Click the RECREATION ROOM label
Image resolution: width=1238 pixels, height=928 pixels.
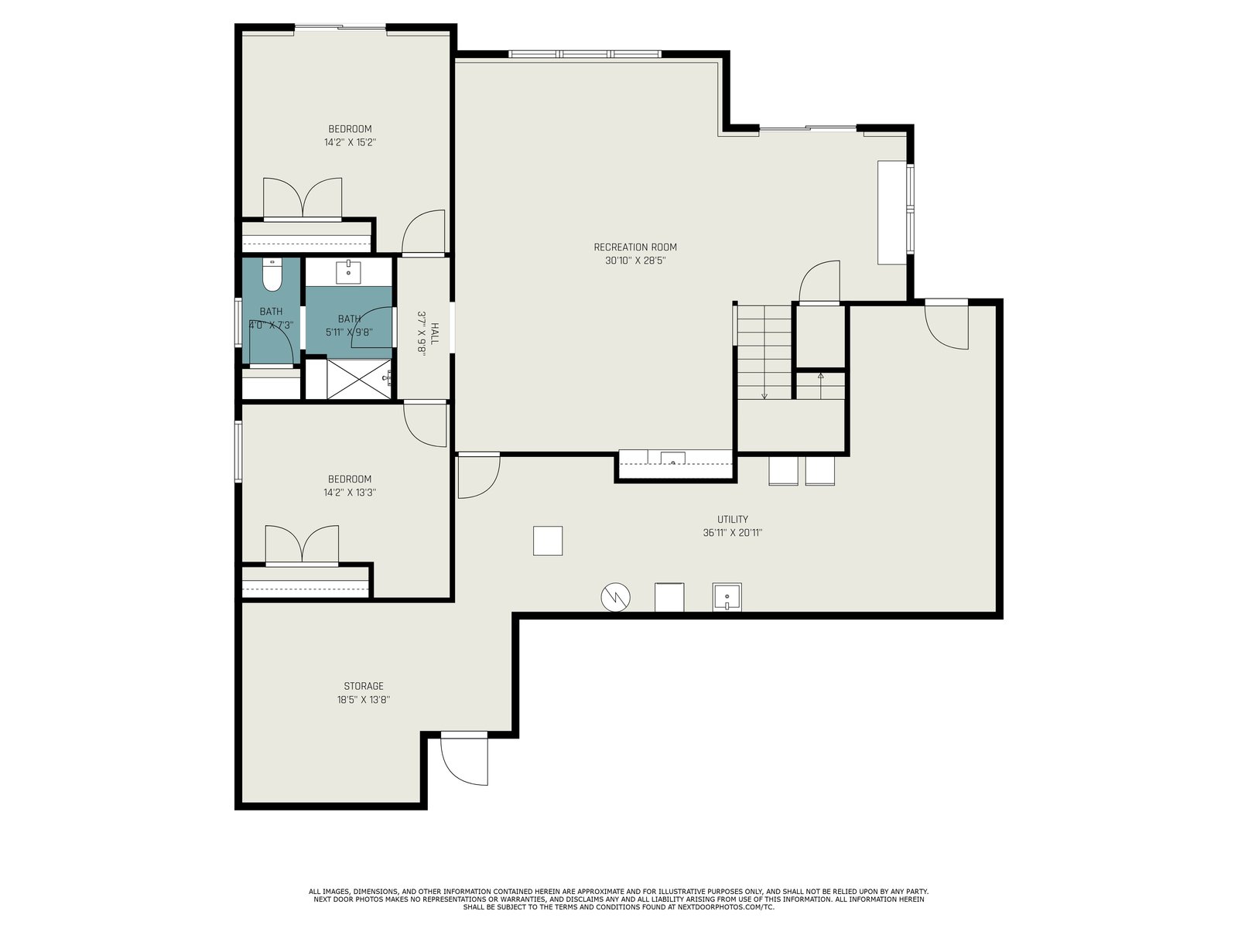click(634, 247)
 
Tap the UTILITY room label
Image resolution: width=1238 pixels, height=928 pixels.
click(732, 519)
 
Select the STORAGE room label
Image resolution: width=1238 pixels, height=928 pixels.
click(363, 686)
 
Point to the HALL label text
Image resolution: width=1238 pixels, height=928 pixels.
click(434, 333)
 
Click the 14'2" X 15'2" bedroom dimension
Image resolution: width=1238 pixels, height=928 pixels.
click(350, 142)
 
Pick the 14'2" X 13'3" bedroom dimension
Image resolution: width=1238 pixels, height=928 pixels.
click(350, 493)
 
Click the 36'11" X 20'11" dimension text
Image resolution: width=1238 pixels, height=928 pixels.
click(732, 533)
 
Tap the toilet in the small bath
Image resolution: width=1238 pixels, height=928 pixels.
click(272, 275)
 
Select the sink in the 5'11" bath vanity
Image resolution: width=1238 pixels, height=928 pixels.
click(348, 271)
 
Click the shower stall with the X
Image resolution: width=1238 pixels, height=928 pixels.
click(359, 379)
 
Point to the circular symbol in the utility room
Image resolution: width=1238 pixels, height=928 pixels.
click(615, 597)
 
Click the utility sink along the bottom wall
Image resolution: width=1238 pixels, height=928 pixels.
click(727, 597)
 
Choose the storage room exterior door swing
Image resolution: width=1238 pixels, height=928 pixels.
click(463, 759)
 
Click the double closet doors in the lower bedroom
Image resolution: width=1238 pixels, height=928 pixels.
click(302, 544)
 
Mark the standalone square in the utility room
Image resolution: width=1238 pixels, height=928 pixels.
click(548, 541)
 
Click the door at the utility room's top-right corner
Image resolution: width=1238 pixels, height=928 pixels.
click(946, 325)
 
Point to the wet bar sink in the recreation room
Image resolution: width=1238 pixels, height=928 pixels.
click(672, 458)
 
